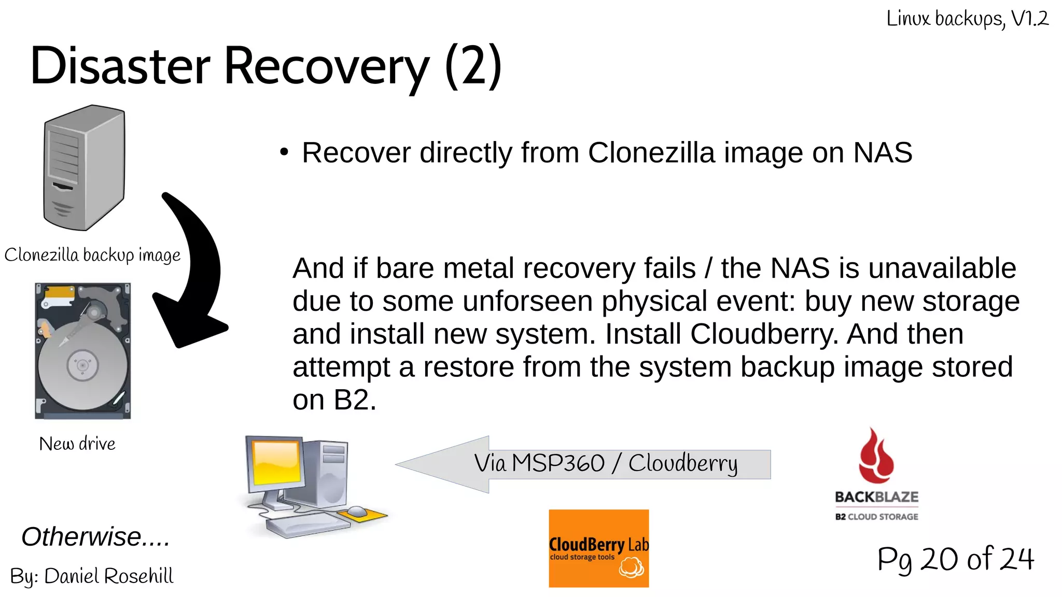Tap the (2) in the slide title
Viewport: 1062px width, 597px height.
(x=473, y=66)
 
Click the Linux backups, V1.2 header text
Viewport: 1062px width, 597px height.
(x=967, y=19)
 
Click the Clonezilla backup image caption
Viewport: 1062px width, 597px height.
(x=92, y=255)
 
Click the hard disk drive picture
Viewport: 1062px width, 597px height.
(x=83, y=351)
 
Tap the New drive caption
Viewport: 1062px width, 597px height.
(x=77, y=444)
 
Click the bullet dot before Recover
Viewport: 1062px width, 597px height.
(x=284, y=152)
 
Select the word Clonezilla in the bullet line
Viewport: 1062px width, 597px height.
(x=651, y=153)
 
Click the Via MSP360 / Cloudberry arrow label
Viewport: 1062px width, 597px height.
(x=605, y=463)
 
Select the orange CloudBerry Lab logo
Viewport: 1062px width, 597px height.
(x=598, y=548)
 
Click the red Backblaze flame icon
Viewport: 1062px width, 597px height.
(x=875, y=457)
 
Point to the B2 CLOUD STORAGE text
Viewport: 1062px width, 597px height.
(x=876, y=517)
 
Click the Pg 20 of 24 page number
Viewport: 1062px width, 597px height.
(x=955, y=559)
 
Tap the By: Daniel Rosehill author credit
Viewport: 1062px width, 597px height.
(x=92, y=576)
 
